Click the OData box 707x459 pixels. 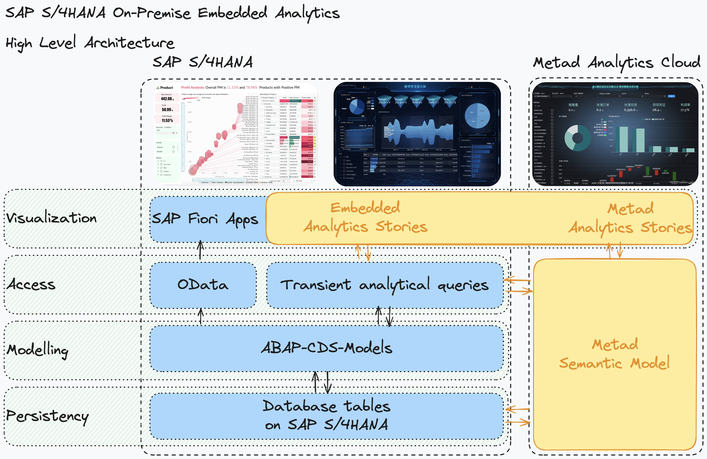[x=203, y=285]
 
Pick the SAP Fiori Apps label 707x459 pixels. [x=205, y=219]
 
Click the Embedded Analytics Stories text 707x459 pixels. [x=365, y=218]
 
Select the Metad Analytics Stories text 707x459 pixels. [x=630, y=218]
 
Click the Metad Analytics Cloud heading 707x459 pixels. [x=616, y=63]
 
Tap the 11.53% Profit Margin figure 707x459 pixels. [x=167, y=120]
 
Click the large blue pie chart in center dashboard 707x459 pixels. [x=477, y=116]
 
